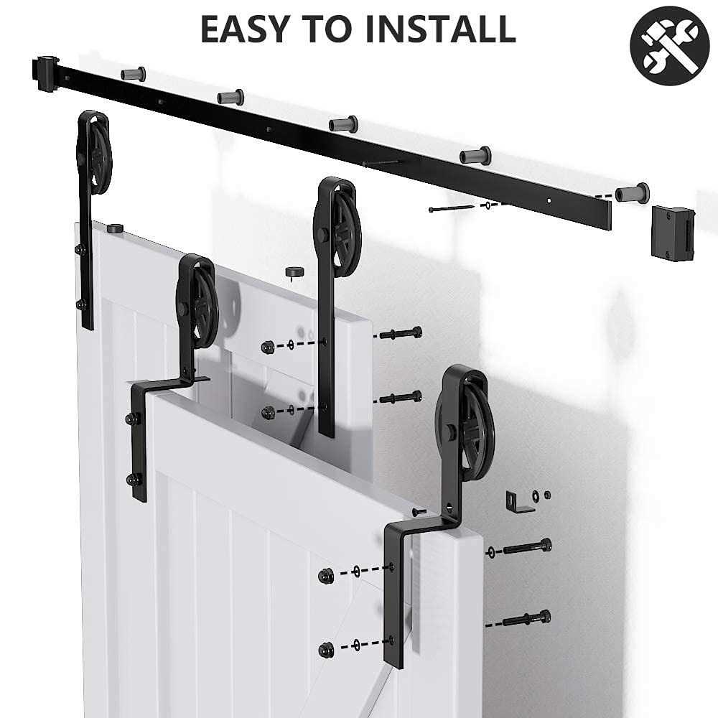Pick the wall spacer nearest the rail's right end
pos(632,192)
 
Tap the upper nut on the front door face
pos(325,574)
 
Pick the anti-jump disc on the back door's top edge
pos(114,228)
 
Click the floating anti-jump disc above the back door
pos(292,272)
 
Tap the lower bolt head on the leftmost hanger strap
pos(80,304)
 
